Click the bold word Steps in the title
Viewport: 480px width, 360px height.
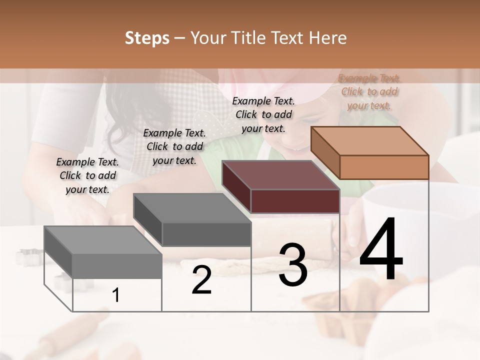pyautogui.click(x=147, y=38)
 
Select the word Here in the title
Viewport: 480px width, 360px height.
pyautogui.click(x=327, y=38)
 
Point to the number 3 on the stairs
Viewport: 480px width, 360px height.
pyautogui.click(x=293, y=264)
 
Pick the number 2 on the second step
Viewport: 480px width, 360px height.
pyautogui.click(x=201, y=280)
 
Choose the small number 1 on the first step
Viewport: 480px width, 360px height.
pyautogui.click(x=116, y=295)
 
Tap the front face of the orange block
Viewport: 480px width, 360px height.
pyautogui.click(x=384, y=167)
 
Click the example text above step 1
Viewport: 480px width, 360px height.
pyautogui.click(x=87, y=175)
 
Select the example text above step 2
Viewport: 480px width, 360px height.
pyautogui.click(x=174, y=146)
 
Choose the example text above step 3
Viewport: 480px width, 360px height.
pyautogui.click(x=263, y=114)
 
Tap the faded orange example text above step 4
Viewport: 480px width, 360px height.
pyautogui.click(x=369, y=91)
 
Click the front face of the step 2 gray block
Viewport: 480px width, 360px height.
pyautogui.click(x=206, y=234)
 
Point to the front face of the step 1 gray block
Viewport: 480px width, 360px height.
pyautogui.click(x=117, y=266)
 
